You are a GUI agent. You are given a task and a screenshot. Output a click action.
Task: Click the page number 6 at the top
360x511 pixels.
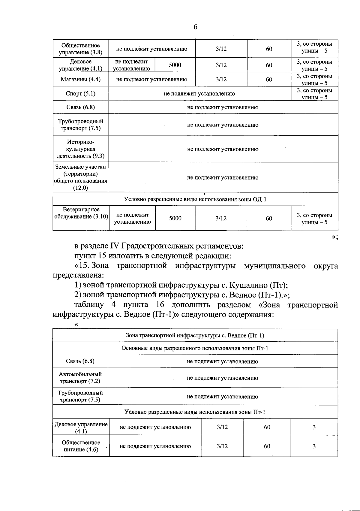click(x=195, y=27)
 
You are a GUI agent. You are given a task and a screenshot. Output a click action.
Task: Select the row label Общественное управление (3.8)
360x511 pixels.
click(x=80, y=49)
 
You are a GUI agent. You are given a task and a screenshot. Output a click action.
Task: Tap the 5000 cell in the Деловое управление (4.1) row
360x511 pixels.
click(x=175, y=65)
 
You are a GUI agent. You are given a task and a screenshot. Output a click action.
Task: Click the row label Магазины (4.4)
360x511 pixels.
click(x=80, y=79)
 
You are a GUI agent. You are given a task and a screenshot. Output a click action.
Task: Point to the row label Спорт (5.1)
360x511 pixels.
click(x=80, y=93)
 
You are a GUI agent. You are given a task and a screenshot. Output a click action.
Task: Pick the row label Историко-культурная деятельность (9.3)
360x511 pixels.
click(x=80, y=149)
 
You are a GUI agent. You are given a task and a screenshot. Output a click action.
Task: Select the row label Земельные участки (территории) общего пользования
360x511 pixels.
click(x=80, y=177)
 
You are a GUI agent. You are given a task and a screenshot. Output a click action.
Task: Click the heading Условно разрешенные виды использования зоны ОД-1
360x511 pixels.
click(x=195, y=199)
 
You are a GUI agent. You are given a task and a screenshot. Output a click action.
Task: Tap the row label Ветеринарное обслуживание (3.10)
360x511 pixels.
click(x=80, y=213)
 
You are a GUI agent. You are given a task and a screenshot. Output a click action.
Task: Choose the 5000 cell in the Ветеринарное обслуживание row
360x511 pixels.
click(x=175, y=219)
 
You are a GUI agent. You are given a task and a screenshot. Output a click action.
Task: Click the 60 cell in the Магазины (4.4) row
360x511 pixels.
click(x=269, y=79)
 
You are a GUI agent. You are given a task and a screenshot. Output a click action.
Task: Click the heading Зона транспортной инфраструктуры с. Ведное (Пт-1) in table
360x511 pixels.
click(x=195, y=335)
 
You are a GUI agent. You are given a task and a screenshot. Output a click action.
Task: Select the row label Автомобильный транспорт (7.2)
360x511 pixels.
click(x=80, y=378)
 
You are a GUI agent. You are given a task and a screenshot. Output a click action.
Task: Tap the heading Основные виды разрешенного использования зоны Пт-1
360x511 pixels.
click(x=195, y=348)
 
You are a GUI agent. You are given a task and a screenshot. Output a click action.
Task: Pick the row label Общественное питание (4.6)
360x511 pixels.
click(x=81, y=446)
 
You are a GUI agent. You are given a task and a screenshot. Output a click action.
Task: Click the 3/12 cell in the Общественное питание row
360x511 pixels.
click(x=222, y=446)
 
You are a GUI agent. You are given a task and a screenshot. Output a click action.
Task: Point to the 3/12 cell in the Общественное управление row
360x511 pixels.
click(x=221, y=49)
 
